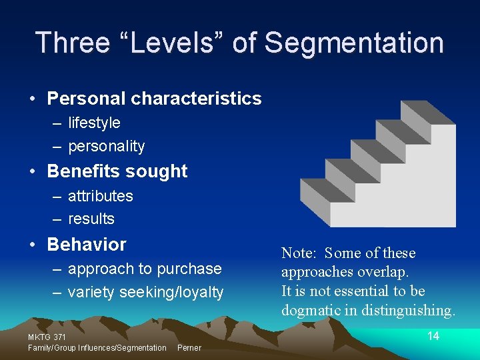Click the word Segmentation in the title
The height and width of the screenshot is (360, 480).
354,43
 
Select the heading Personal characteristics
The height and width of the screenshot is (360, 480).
154,99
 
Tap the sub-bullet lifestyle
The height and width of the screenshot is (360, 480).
94,123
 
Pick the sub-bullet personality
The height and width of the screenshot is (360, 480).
106,146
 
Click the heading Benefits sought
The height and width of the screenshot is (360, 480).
117,171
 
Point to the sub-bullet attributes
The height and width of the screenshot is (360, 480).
100,196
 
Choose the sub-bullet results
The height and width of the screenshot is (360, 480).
91,219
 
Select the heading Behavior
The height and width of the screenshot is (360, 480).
86,245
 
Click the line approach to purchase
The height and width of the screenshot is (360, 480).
144,269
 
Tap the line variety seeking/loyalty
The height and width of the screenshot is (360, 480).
145,292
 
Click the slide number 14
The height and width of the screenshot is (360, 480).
433,336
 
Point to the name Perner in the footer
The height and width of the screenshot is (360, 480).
189,348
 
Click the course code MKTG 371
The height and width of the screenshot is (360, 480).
47,337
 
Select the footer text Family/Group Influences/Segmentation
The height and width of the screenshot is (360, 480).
97,348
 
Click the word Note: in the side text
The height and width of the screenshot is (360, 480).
299,253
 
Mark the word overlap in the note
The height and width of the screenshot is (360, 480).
384,272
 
